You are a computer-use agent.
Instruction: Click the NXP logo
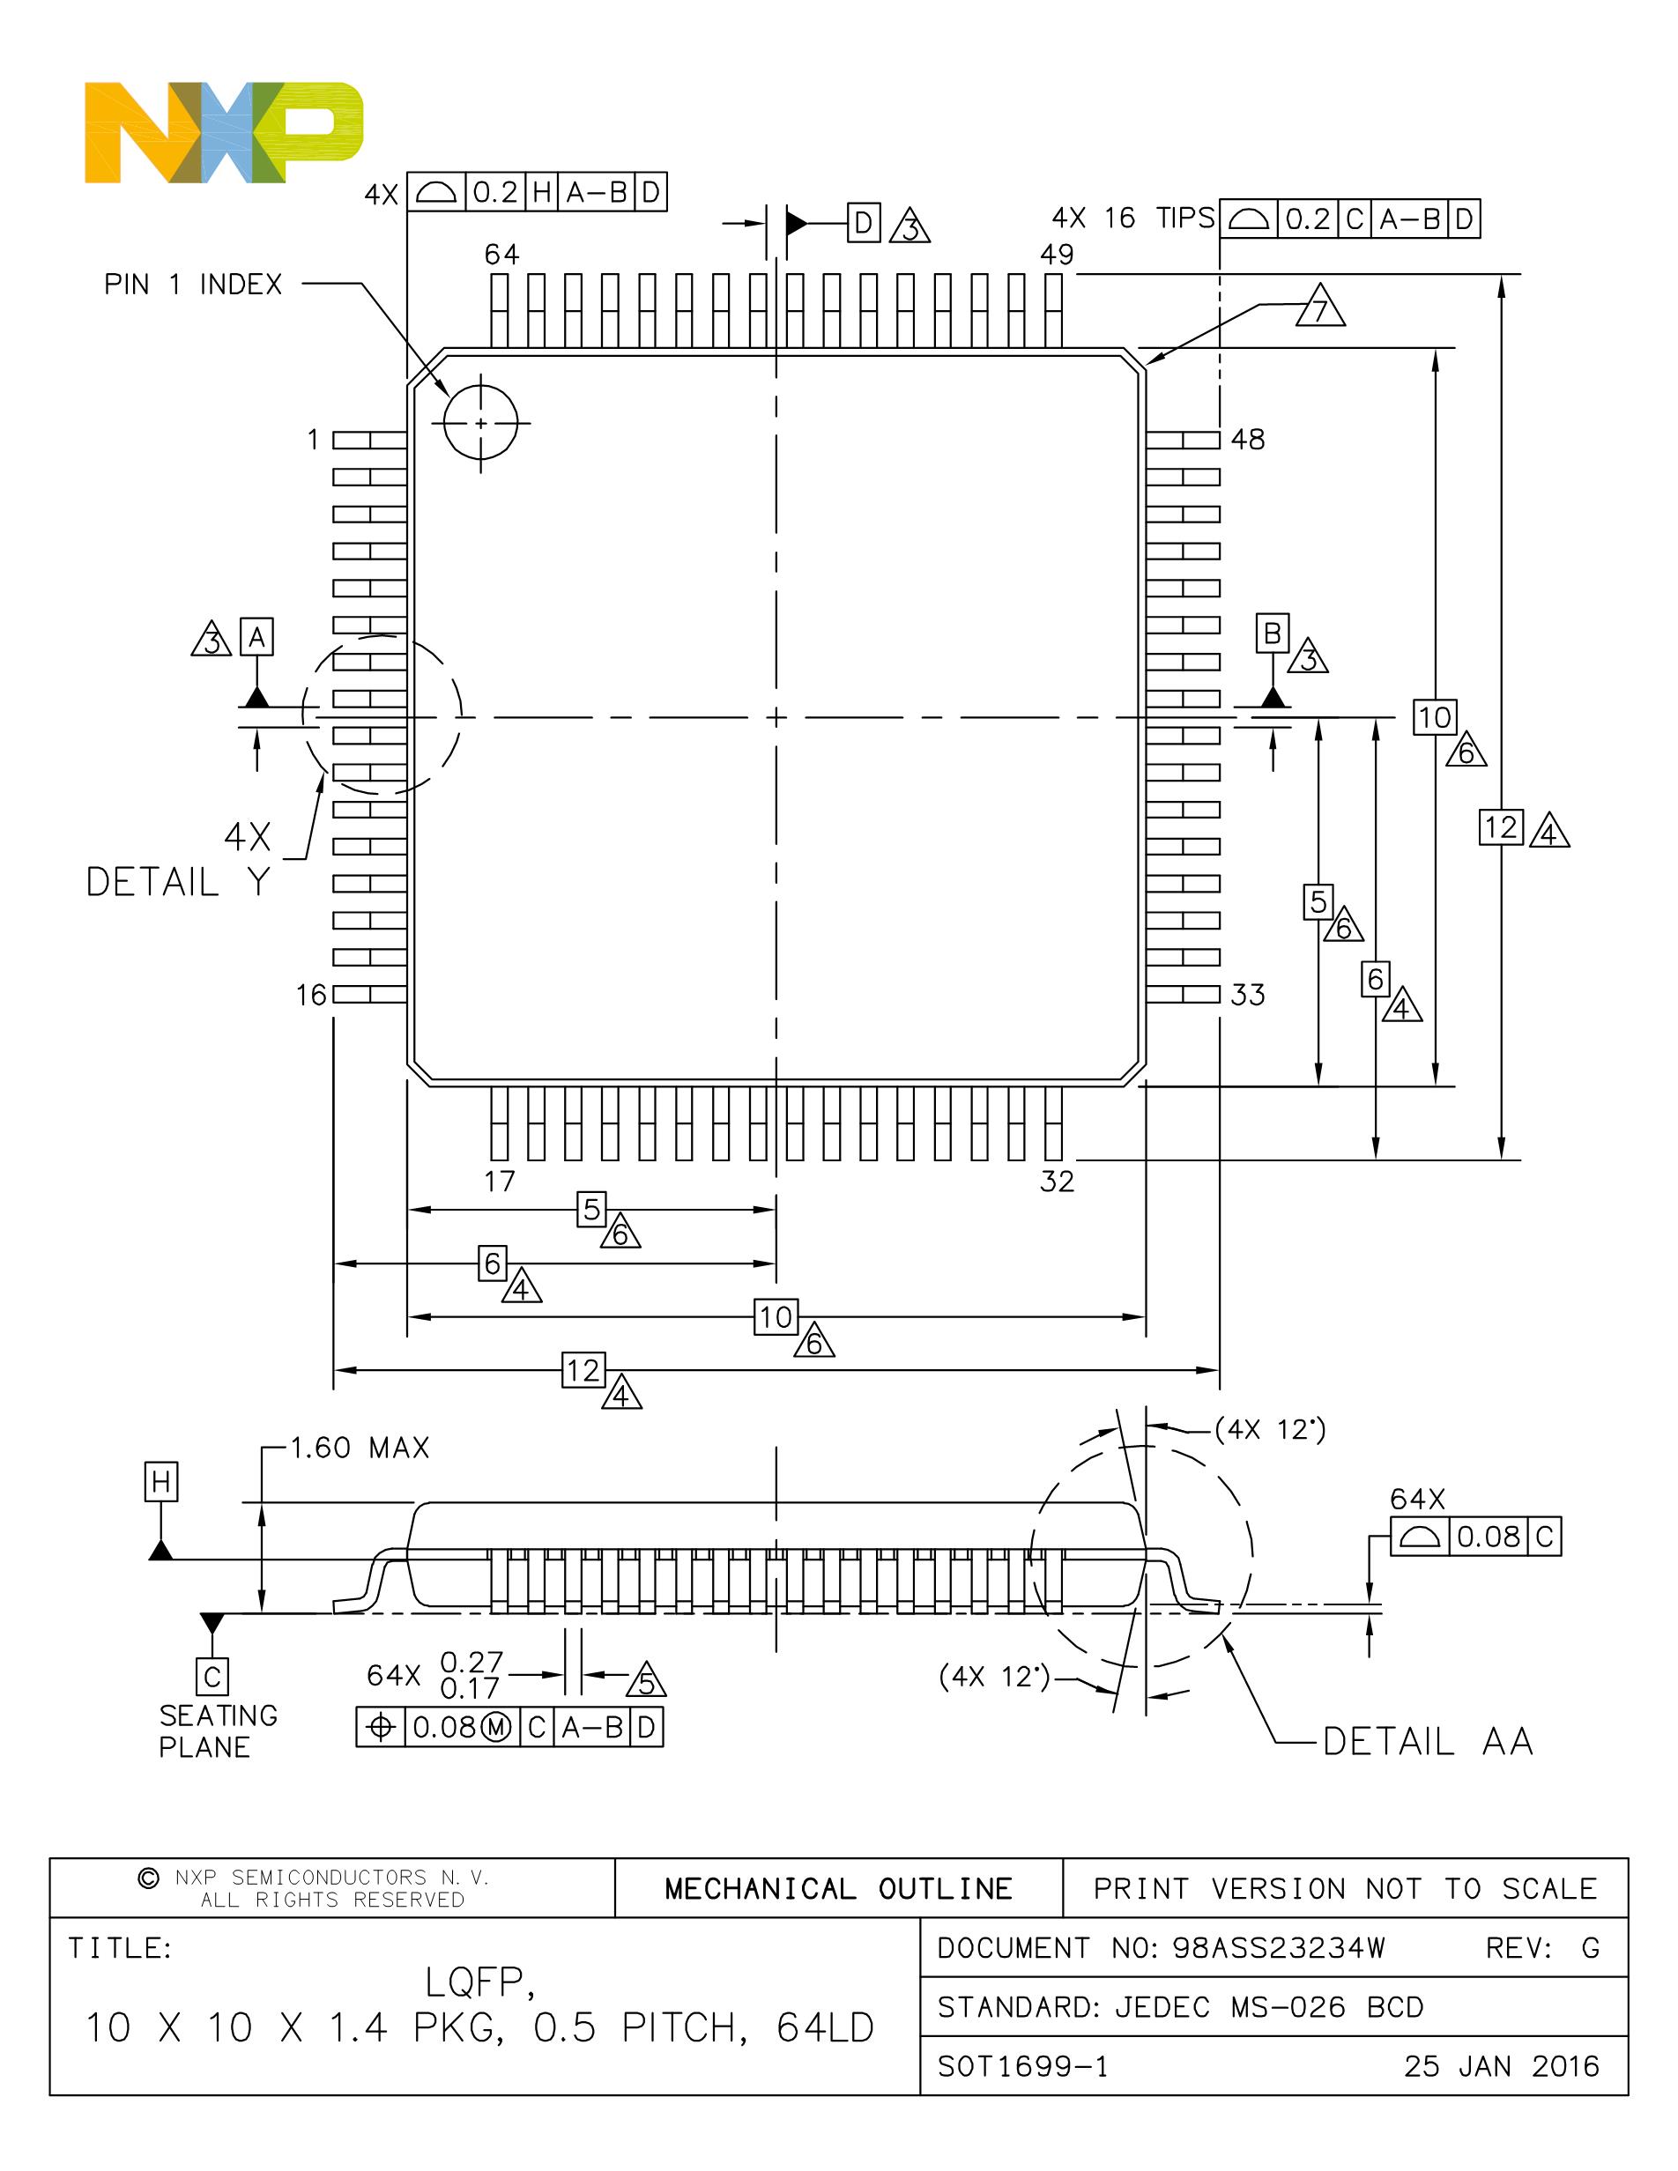coord(224,133)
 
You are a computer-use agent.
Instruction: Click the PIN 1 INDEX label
coord(193,285)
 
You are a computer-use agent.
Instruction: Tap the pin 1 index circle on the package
coord(481,424)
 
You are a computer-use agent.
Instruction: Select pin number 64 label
coord(502,255)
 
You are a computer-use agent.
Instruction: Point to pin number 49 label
coord(1057,255)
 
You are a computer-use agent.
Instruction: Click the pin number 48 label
coord(1248,440)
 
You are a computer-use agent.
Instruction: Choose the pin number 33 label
coord(1248,995)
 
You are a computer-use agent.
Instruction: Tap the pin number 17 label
coord(500,1181)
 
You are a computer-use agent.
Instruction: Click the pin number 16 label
coord(311,995)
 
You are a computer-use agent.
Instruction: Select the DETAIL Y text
coord(178,882)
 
